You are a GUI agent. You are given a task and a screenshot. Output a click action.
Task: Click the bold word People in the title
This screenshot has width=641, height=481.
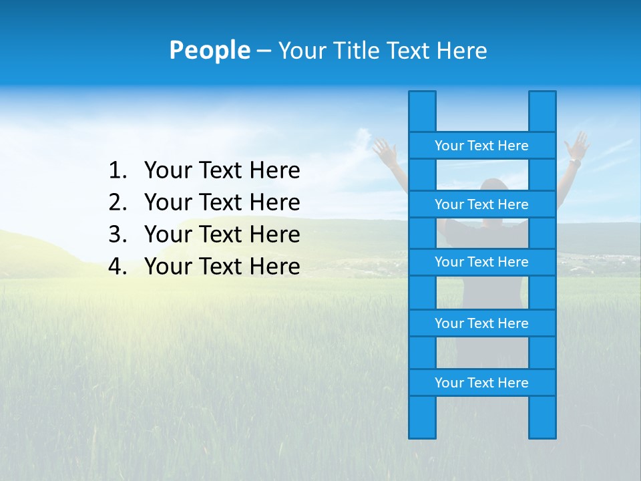[209, 50]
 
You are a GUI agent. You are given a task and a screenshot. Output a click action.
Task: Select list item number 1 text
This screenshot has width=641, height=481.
[222, 171]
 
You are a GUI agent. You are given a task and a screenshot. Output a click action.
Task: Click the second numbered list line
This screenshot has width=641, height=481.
[222, 202]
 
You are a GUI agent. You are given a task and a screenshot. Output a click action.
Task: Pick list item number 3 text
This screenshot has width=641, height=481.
[222, 234]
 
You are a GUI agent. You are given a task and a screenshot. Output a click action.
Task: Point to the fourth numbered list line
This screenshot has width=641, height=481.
[222, 267]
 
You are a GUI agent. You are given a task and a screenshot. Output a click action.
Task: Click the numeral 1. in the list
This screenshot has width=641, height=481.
[118, 171]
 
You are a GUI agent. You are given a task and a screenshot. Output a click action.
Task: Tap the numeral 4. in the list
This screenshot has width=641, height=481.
[118, 267]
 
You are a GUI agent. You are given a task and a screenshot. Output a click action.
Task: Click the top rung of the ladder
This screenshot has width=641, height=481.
[481, 146]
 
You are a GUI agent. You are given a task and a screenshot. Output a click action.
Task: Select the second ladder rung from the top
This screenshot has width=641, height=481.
[481, 204]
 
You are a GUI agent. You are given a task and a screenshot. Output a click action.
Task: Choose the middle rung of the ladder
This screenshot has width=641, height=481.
[481, 262]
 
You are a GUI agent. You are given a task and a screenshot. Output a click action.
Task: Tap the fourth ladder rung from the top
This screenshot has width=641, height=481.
[481, 323]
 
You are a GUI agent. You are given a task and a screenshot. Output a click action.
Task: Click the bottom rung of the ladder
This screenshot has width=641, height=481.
[481, 383]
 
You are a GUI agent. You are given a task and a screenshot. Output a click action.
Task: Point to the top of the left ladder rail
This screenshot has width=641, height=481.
[422, 100]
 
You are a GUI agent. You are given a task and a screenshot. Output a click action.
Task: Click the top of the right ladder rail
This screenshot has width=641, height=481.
[542, 100]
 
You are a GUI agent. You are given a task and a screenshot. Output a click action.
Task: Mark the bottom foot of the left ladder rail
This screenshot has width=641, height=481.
[422, 428]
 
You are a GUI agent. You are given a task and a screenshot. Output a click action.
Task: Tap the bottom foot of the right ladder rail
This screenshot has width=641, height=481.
[542, 428]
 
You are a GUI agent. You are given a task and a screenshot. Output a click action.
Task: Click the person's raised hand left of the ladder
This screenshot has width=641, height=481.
[386, 150]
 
